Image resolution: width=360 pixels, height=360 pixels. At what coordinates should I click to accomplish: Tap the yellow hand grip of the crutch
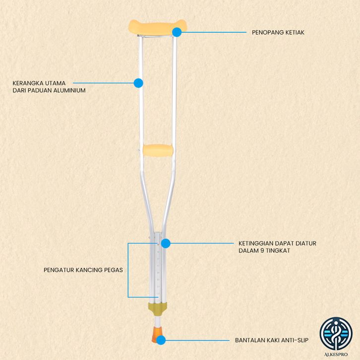coord(158,149)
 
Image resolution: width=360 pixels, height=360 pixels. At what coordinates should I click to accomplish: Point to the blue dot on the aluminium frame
coord(138,83)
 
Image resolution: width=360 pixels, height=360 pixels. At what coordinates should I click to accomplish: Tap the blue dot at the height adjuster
coord(166,243)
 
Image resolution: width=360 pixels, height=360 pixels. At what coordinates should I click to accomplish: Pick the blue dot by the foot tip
coord(162,340)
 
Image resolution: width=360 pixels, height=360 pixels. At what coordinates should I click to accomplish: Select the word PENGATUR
coord(59,270)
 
